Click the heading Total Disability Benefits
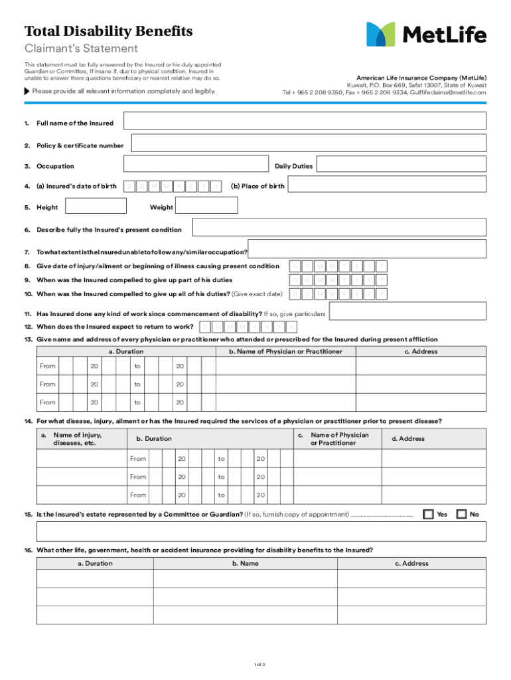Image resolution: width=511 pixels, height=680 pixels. [108, 31]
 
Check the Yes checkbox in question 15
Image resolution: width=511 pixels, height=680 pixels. [428, 514]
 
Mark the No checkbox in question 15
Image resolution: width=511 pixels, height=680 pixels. [461, 514]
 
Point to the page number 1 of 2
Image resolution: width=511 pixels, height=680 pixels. [259, 664]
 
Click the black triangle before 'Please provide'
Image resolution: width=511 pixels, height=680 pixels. [27, 91]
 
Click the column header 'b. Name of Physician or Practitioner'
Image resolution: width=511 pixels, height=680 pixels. [285, 351]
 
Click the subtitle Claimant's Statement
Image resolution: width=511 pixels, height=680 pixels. [81, 48]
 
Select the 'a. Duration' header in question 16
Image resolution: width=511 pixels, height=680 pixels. [95, 563]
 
